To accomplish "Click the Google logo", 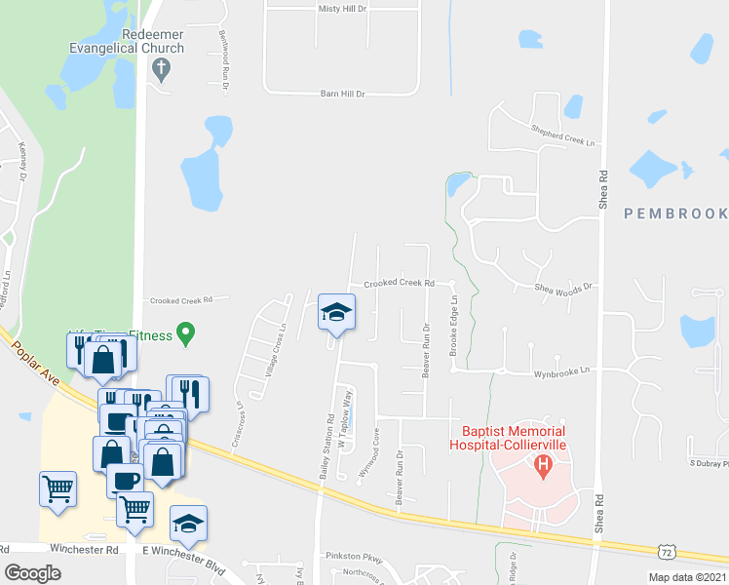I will pyautogui.click(x=32, y=573).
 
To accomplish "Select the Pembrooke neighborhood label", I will pyautogui.click(x=675, y=213).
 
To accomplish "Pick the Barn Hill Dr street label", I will pyautogui.click(x=328, y=95).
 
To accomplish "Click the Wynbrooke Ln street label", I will pyautogui.click(x=561, y=371).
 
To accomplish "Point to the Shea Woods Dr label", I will pyautogui.click(x=563, y=288).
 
